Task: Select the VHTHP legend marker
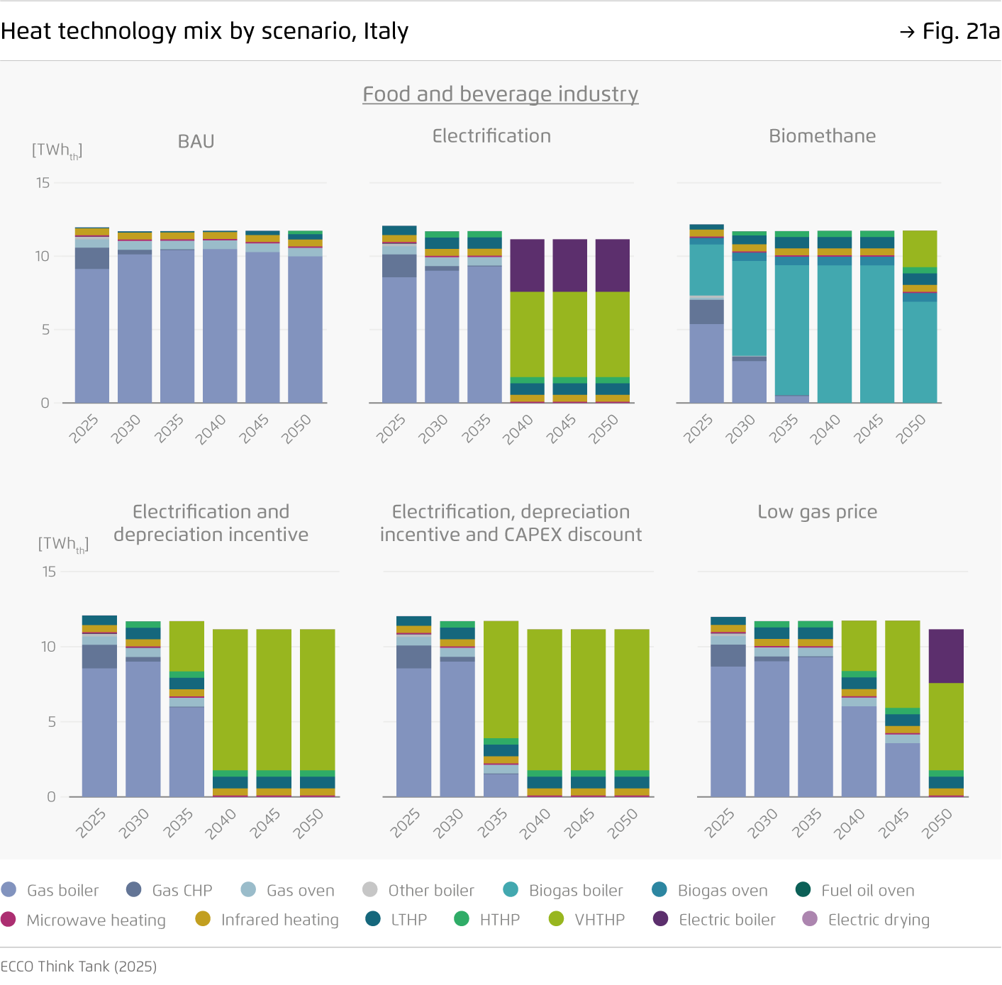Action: pos(557,919)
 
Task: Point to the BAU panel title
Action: pos(196,142)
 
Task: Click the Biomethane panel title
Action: pos(822,136)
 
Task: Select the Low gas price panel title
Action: pos(817,512)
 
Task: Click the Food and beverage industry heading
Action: pos(500,94)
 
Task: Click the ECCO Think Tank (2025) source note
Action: pos(79,967)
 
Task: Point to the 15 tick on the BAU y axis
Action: pos(43,183)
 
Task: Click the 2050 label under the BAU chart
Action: pos(297,428)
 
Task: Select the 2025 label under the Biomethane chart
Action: pos(698,429)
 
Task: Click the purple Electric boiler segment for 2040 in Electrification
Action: pos(527,265)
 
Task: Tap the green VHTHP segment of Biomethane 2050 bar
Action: pos(919,248)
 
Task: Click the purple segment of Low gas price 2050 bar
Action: pos(946,656)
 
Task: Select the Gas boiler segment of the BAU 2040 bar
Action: pos(220,325)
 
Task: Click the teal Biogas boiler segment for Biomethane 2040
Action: pos(834,333)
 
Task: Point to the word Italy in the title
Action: pos(386,31)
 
